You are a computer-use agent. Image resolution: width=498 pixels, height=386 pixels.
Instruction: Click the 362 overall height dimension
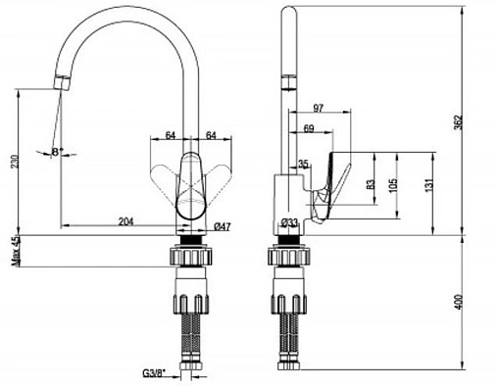(x=458, y=122)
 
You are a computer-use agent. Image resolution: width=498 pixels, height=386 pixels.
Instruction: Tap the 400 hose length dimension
(x=459, y=302)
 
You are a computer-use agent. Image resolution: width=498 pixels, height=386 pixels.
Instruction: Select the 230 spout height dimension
(x=15, y=161)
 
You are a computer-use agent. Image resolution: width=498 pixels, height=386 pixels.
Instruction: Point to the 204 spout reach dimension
(x=125, y=221)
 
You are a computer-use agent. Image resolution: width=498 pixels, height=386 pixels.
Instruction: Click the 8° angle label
(x=57, y=152)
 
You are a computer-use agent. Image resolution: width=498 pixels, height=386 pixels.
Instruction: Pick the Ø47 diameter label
(x=222, y=226)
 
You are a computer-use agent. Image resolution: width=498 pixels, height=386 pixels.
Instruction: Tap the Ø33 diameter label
(x=289, y=222)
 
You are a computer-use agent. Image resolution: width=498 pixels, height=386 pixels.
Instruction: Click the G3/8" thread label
(x=154, y=372)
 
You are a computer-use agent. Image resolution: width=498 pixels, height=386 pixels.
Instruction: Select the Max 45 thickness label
(x=15, y=251)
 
